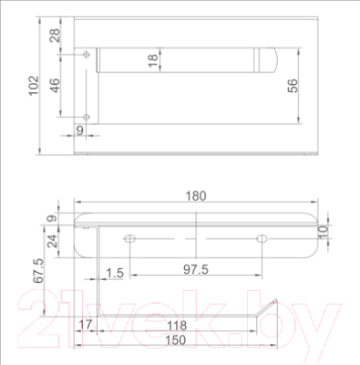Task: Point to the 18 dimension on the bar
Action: click(153, 60)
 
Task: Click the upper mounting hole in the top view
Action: click(87, 55)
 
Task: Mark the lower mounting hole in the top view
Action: click(87, 117)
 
